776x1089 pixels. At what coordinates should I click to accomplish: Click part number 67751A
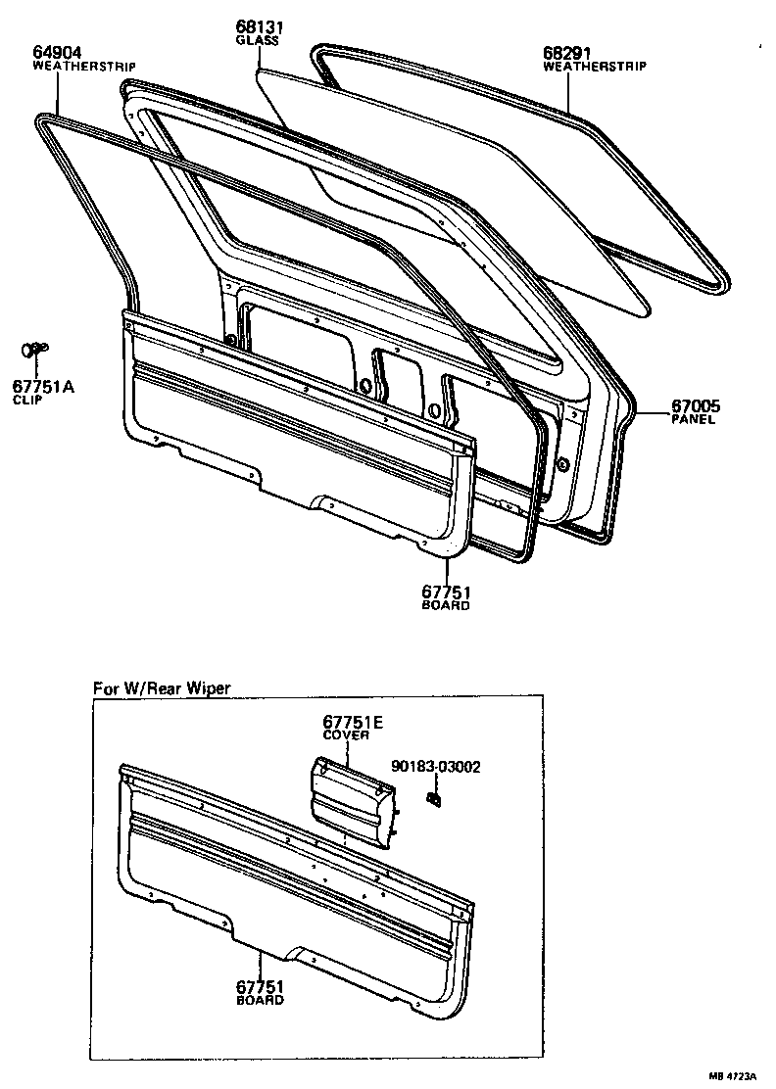click(43, 386)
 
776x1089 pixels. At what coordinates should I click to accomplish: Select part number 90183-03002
click(435, 767)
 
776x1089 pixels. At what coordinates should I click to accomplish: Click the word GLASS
click(257, 41)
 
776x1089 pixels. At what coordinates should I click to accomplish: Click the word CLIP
click(28, 401)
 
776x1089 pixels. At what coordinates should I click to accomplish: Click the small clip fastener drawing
click(35, 350)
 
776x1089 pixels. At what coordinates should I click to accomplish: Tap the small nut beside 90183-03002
click(432, 799)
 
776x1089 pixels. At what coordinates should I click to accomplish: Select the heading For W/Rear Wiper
click(162, 687)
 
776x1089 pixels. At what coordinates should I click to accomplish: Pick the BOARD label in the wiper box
click(260, 1000)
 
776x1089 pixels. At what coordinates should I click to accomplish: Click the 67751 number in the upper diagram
click(446, 592)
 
